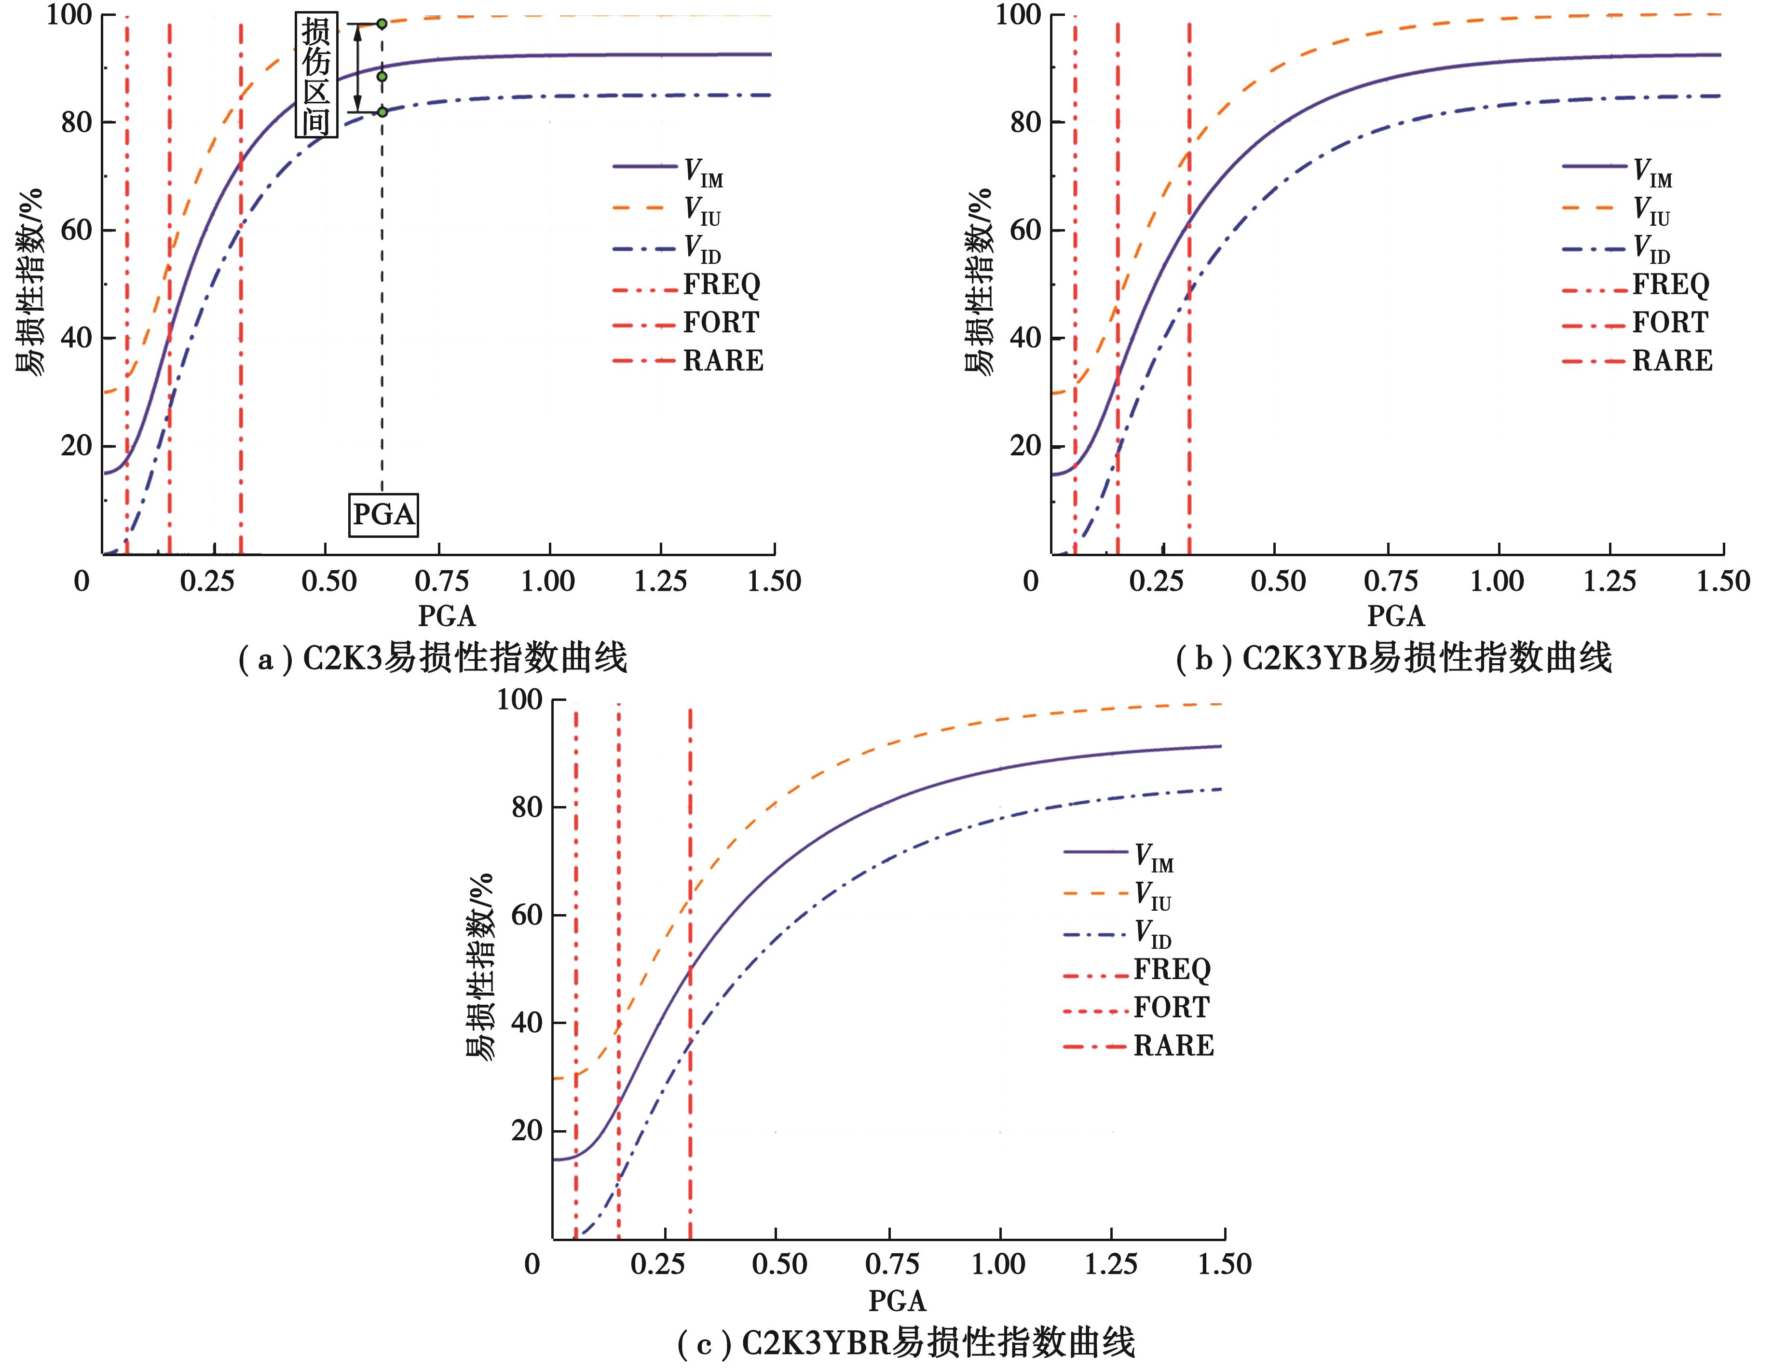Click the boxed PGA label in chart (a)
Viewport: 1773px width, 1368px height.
point(383,514)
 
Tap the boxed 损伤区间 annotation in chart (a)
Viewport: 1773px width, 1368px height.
point(316,76)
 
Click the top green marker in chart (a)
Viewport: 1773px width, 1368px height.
point(382,24)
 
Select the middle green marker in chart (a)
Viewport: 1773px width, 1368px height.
point(382,76)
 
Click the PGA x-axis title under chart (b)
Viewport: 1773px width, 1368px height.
point(1395,616)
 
